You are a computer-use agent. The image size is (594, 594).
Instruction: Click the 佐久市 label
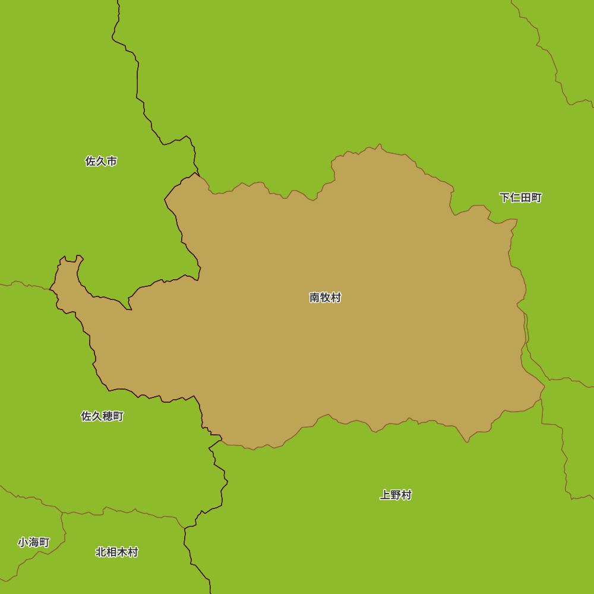point(101,161)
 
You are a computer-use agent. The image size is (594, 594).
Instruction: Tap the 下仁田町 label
point(520,198)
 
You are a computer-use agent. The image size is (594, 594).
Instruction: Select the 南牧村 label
point(326,298)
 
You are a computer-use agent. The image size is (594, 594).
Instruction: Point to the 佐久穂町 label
point(102,416)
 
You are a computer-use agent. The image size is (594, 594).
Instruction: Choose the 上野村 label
point(396,495)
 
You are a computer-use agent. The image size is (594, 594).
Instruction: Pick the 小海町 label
point(34,542)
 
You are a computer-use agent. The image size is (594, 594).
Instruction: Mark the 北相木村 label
point(117,552)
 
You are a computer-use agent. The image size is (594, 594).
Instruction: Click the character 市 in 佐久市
point(112,161)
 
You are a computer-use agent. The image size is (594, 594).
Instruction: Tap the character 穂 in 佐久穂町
point(108,416)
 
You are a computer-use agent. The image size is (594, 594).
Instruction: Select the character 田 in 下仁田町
point(526,198)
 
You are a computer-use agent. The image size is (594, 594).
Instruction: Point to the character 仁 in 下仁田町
point(515,198)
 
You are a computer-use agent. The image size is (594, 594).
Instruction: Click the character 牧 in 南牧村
point(326,298)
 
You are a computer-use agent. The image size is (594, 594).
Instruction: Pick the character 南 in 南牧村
point(315,298)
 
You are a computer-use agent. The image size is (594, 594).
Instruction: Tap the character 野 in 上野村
point(396,495)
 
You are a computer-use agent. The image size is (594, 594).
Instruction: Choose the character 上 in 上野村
point(385,495)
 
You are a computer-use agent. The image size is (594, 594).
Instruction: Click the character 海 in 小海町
point(34,542)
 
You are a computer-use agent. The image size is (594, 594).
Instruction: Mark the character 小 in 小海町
point(23,542)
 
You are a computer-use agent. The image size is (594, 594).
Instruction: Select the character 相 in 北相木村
point(112,552)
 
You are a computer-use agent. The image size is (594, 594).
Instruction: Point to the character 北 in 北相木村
point(101,552)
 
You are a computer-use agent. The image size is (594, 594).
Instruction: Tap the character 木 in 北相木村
point(122,552)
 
